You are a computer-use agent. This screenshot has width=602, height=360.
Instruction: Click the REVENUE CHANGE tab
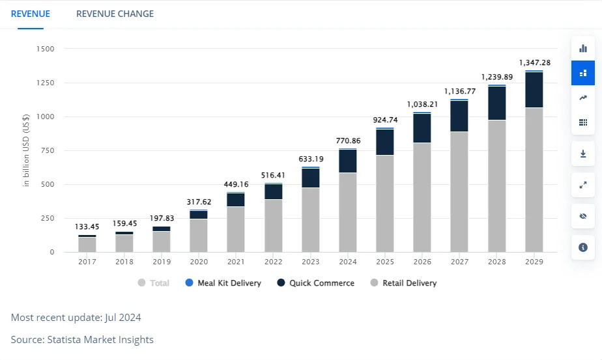click(115, 14)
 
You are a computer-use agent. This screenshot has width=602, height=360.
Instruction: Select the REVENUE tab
click(31, 14)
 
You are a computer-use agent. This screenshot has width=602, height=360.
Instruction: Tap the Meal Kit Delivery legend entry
click(223, 283)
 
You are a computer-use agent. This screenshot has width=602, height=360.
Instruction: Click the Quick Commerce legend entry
click(315, 283)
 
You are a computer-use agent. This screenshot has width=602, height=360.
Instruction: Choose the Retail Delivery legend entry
click(403, 283)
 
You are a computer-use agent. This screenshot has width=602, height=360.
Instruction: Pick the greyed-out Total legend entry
click(154, 283)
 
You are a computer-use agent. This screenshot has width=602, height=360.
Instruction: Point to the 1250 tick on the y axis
click(46, 83)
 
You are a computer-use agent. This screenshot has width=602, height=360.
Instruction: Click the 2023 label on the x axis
click(311, 262)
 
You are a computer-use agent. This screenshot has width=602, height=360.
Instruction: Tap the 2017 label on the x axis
click(87, 262)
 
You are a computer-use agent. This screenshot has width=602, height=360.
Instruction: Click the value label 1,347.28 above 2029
click(535, 62)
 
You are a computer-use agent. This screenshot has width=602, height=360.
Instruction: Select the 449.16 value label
click(236, 184)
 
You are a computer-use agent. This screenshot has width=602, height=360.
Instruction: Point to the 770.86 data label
click(348, 141)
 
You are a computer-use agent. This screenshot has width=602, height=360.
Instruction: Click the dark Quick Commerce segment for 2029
click(534, 90)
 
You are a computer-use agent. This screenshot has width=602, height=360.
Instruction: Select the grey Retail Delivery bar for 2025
click(385, 203)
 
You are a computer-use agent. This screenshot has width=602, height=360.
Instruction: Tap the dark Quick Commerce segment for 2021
click(236, 200)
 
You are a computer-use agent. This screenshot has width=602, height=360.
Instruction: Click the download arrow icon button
click(583, 154)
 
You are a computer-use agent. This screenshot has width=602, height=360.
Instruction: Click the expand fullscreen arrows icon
click(583, 185)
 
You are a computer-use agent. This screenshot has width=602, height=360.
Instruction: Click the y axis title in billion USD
click(25, 150)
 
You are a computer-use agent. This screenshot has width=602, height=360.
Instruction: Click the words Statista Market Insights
click(100, 340)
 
